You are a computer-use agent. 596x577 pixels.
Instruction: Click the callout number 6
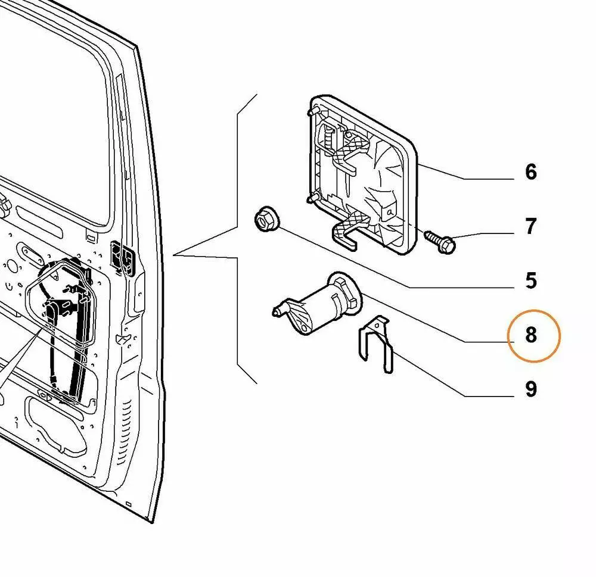tap(530, 172)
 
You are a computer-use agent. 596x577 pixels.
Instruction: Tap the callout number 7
tap(530, 226)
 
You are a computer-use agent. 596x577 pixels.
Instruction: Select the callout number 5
tap(530, 280)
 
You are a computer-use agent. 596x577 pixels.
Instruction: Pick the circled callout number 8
tap(530, 335)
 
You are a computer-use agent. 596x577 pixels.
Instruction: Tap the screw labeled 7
tap(441, 240)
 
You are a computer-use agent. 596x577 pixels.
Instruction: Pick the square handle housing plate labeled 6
tap(364, 173)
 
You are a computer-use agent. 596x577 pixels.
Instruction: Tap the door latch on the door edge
tap(123, 258)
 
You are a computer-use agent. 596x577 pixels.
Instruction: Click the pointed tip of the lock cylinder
tap(276, 310)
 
